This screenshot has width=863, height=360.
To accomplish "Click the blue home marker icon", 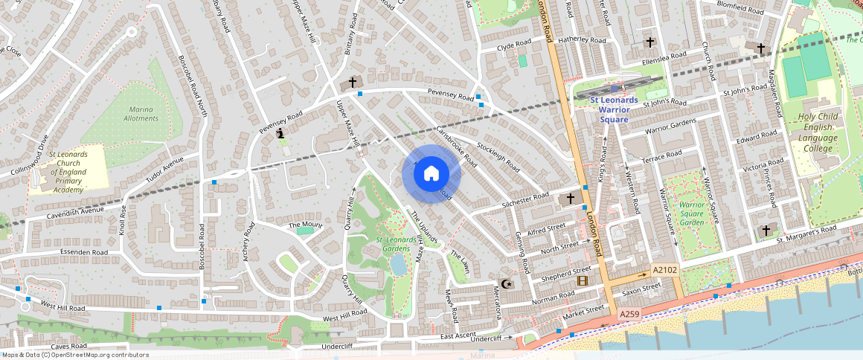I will tap(431, 173).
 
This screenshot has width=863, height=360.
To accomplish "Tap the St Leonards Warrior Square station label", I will tap(614, 109).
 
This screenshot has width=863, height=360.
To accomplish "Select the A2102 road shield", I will tap(664, 269).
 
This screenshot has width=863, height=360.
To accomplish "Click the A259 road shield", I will tap(630, 315).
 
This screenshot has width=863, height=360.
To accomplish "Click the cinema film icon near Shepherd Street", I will tap(582, 280).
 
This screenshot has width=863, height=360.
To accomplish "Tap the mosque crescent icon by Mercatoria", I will tap(507, 285).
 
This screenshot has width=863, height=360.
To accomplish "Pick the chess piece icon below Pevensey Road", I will tap(280, 134).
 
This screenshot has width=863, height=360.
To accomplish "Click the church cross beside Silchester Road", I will tap(571, 199).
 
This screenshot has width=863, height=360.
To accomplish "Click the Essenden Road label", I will tap(85, 253).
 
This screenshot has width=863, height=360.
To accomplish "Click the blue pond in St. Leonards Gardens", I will tap(398, 263).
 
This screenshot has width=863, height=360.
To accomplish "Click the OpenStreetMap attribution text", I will tap(74, 355).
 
